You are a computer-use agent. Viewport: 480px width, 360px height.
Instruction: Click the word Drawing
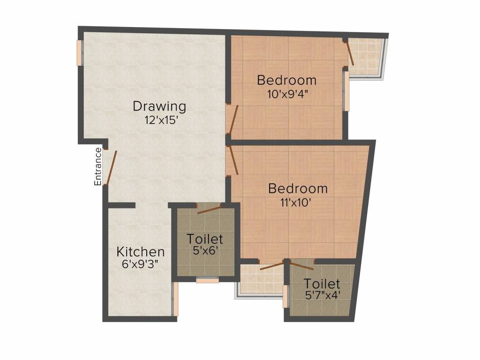point(159,106)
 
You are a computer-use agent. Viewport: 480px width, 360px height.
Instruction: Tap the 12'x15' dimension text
point(161,120)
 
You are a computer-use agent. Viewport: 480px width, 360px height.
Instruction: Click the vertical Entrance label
point(98,166)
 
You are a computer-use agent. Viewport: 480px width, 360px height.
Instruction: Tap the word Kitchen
point(140,252)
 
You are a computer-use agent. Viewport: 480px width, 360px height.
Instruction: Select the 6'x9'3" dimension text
point(140,264)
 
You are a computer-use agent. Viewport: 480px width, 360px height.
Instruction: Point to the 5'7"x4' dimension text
point(321,296)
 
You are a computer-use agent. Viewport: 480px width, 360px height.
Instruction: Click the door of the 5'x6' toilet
point(209,209)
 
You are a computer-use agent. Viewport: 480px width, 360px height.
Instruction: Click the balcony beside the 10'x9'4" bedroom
point(367,57)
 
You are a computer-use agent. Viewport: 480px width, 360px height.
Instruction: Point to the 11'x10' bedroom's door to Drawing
point(233,160)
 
